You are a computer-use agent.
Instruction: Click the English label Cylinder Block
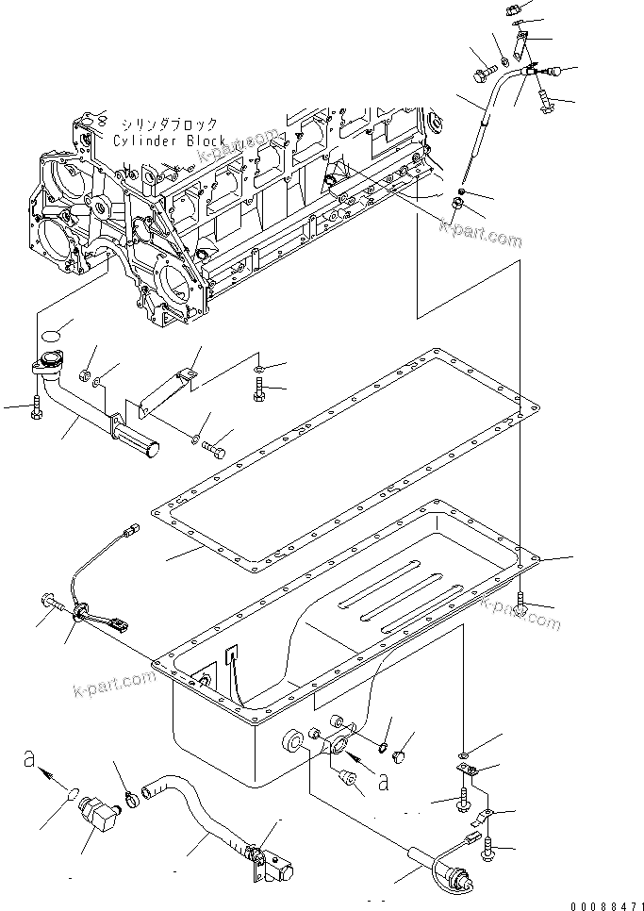pos(169,141)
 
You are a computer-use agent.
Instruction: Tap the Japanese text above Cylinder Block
pos(169,124)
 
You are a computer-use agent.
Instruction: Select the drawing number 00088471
pos(603,903)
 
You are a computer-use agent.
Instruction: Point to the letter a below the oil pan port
pos(383,781)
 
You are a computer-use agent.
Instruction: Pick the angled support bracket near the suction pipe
pos(165,386)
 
